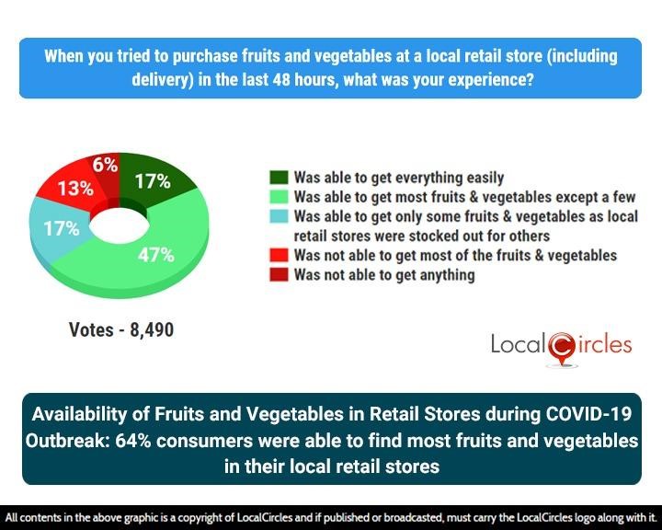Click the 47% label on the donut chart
pyautogui.click(x=155, y=255)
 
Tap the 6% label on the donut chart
pyautogui.click(x=104, y=165)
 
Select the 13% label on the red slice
pyautogui.click(x=74, y=189)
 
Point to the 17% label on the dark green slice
pyautogui.click(x=152, y=181)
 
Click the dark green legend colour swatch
pyautogui.click(x=279, y=178)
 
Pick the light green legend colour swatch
pyautogui.click(x=279, y=197)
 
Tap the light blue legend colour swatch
pyautogui.click(x=279, y=216)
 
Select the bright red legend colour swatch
pyautogui.click(x=279, y=255)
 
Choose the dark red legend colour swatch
pyautogui.click(x=279, y=274)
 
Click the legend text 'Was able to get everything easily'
pyautogui.click(x=399, y=178)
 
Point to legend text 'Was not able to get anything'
pyautogui.click(x=384, y=274)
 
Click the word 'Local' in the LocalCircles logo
pyautogui.click(x=518, y=346)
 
